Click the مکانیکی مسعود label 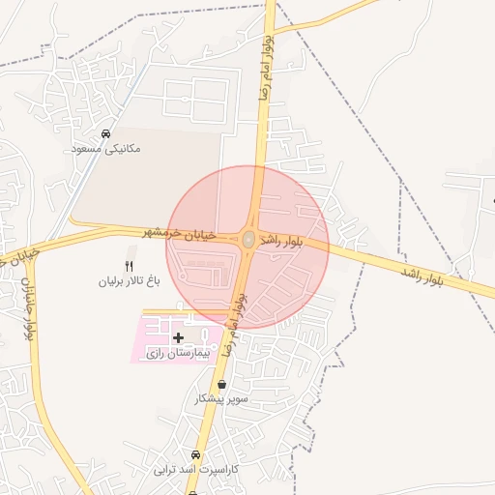pyautogui.click(x=106, y=149)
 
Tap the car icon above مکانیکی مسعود pyautogui.click(x=105, y=134)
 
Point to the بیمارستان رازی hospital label pyautogui.click(x=176, y=355)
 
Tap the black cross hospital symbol pyautogui.click(x=178, y=337)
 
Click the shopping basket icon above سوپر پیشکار pyautogui.click(x=222, y=384)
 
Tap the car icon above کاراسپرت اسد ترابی pyautogui.click(x=195, y=454)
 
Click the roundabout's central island pyautogui.click(x=248, y=238)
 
